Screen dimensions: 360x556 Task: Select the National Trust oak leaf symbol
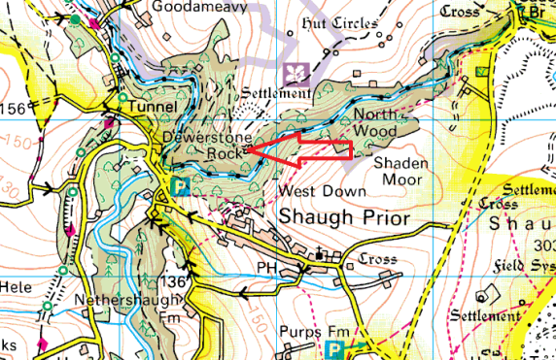[x=295, y=74]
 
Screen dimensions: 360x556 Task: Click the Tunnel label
[x=150, y=106]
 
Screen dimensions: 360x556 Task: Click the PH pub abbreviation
[x=267, y=266]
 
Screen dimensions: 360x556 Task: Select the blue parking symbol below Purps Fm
[x=335, y=347]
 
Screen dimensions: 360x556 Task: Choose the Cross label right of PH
[x=378, y=259]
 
